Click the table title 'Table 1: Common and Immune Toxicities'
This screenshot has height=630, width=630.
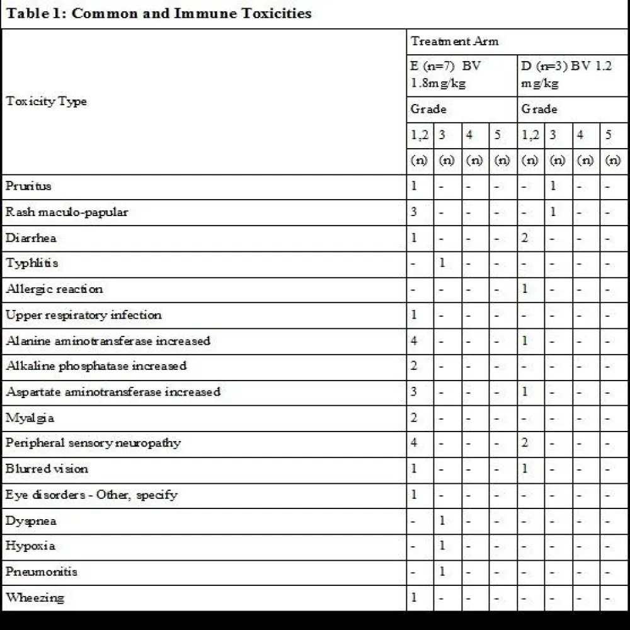pos(159,13)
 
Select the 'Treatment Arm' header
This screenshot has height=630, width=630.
pos(454,42)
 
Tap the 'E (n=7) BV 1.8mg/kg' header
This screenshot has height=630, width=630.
pos(446,74)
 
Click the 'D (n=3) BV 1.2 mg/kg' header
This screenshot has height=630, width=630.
pos(566,74)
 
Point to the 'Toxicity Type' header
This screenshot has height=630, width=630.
pos(47,101)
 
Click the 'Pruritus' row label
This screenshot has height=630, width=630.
pos(29,186)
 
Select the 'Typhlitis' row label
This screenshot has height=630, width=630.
pos(32,263)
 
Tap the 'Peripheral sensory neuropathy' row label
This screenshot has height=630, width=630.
pos(93,443)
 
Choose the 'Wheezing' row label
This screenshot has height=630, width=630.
pos(35,597)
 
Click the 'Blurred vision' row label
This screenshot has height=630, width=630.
pos(47,469)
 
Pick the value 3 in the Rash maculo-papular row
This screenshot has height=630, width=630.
pos(414,212)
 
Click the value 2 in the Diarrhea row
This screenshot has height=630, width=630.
pos(525,238)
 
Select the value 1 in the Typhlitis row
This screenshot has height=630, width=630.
pos(442,263)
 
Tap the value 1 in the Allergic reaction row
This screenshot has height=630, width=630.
pos(525,289)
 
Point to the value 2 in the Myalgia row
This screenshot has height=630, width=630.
pos(414,418)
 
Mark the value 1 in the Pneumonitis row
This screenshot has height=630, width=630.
pos(442,571)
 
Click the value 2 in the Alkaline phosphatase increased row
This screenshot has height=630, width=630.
pos(414,366)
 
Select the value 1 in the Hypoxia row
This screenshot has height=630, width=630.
pos(442,546)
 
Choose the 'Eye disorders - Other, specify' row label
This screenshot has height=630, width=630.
pos(91,495)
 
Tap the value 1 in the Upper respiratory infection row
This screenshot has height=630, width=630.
pos(414,315)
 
